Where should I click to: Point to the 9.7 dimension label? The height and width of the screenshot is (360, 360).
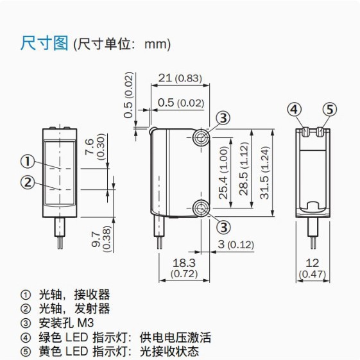pyautogui.click(x=96, y=236)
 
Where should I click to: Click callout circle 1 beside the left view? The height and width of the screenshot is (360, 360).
pyautogui.click(x=27, y=161)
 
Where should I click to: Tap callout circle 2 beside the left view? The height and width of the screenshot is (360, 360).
pyautogui.click(x=27, y=182)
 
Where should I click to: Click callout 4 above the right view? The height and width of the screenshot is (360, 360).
pyautogui.click(x=293, y=109)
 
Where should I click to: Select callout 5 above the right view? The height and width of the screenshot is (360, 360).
pyautogui.click(x=329, y=109)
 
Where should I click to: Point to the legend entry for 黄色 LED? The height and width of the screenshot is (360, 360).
pyautogui.click(x=109, y=351)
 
